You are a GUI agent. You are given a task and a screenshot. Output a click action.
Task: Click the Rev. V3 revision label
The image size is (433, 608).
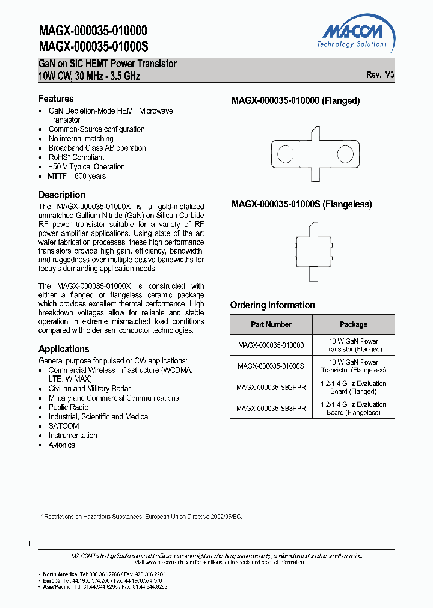coord(380,75)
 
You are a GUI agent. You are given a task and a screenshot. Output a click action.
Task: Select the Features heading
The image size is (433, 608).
coord(56,99)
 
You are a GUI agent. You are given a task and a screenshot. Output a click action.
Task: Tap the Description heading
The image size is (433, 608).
coord(62,195)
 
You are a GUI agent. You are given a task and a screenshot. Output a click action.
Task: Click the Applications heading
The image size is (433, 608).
coord(64,349)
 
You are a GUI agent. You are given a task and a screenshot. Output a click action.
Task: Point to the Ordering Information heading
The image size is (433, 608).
coord(272,305)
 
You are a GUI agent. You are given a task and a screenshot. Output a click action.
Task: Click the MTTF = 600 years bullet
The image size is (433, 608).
coord(76,176)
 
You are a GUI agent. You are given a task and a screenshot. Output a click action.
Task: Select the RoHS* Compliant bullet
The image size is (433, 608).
coord(76,157)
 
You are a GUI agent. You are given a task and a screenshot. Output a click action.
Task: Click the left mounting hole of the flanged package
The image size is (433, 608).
coord(286,153)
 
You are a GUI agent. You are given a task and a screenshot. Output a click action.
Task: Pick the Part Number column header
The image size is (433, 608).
coord(271,324)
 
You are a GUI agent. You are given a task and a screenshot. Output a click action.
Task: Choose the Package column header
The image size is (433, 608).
coord(353,324)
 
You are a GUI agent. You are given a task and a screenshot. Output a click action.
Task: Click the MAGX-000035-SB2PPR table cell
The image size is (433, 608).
coord(271,388)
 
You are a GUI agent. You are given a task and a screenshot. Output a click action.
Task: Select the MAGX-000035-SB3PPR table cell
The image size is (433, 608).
coord(271,409)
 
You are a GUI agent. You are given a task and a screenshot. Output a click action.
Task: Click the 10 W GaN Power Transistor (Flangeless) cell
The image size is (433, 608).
coord(353,366)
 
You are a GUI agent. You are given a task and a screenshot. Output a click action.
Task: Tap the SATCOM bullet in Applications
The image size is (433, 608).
coord(64,426)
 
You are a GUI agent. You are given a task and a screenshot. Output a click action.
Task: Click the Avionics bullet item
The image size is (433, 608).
coord(61,445)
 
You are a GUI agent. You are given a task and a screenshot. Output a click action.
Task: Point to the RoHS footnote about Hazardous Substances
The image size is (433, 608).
coord(141,517)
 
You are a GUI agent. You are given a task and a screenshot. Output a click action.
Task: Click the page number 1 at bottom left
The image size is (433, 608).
coord(29,544)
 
